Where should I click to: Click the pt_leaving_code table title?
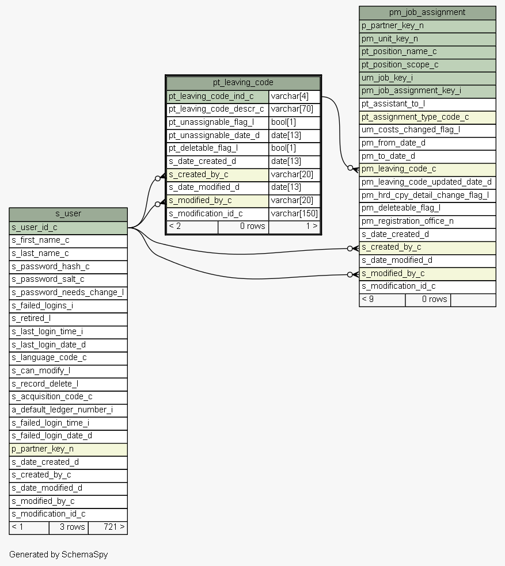243,83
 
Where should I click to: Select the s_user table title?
69,214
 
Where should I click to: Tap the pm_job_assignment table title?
427,12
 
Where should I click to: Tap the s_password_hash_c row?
69,266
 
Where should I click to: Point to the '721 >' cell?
108,527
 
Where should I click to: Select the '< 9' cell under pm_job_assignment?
382,300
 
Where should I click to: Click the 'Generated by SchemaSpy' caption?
59,554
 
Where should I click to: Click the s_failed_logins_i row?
69,306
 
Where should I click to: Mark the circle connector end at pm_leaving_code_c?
350,168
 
